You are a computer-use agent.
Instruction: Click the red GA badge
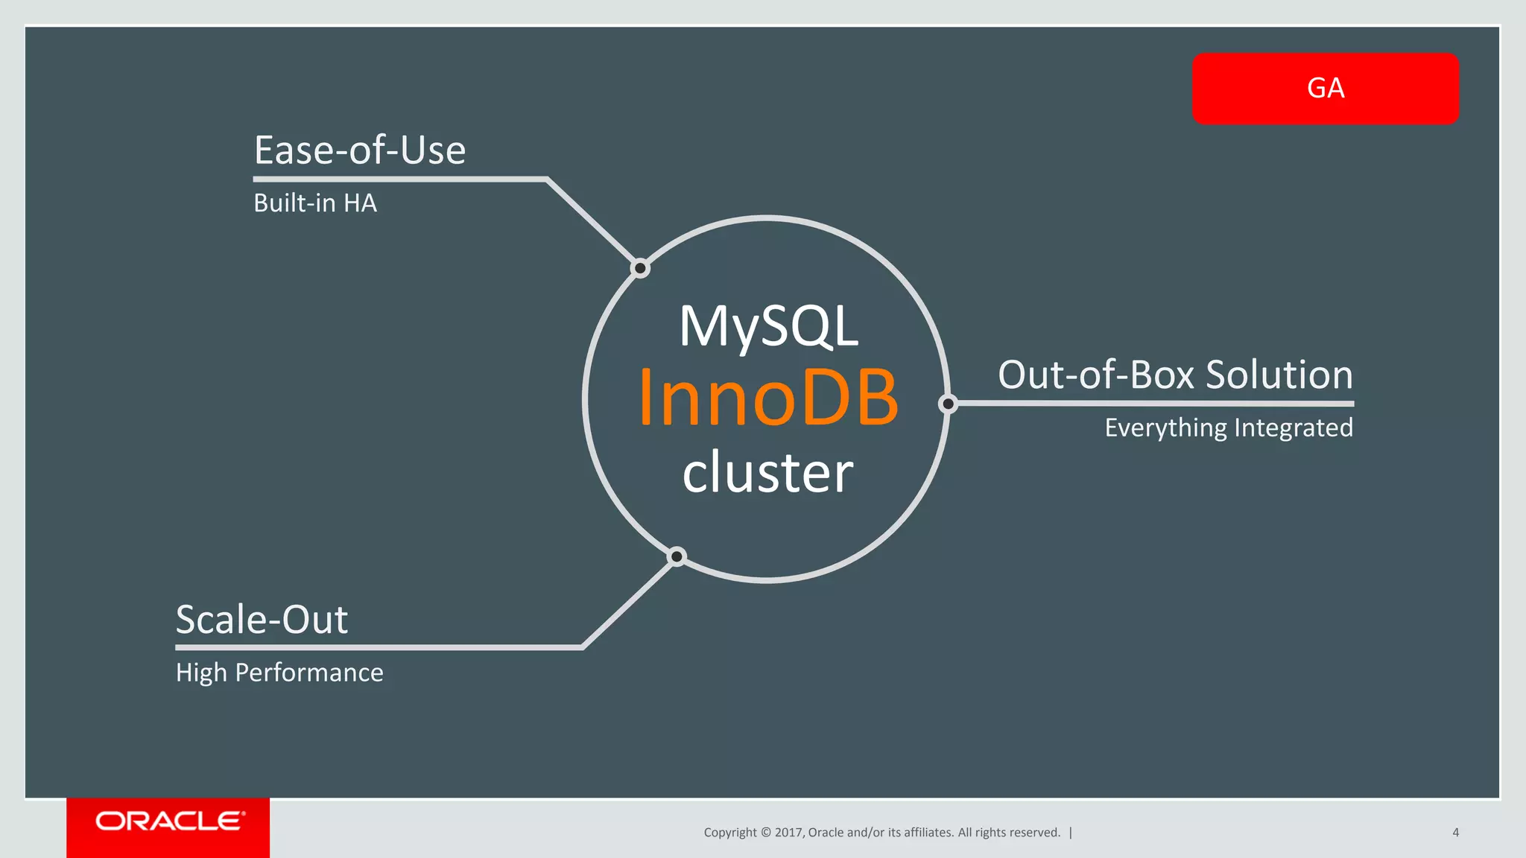1325,89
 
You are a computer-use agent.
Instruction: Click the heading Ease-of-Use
360,150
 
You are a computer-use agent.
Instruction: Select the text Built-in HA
315,203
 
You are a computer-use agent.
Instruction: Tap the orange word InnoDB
767,398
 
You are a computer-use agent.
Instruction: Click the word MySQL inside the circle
768,326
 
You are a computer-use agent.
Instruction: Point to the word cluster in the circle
767,472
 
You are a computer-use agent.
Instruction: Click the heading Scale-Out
262,620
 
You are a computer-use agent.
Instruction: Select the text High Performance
279,673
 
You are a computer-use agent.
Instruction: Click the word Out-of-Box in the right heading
1095,375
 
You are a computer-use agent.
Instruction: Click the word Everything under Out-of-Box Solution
1165,428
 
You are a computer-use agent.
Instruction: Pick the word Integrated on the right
1294,428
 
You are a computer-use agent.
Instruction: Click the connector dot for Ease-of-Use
640,268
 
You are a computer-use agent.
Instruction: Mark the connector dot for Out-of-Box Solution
948,404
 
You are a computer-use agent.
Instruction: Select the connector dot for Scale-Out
677,556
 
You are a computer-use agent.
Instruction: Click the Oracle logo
169,822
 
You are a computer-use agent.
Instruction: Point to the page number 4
1455,833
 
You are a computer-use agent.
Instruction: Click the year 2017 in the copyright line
788,833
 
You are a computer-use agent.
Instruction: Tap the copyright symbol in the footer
765,833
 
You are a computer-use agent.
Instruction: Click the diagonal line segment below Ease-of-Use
590,221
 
